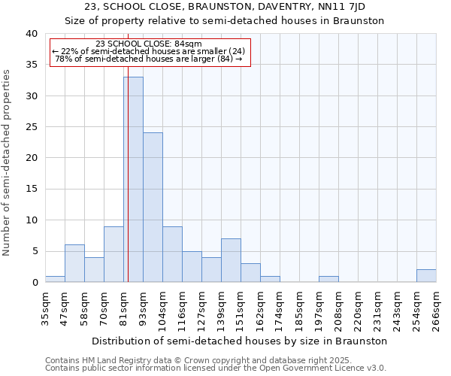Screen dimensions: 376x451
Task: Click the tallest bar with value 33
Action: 133,180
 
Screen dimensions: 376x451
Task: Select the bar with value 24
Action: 153,208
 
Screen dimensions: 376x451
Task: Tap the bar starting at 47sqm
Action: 74,263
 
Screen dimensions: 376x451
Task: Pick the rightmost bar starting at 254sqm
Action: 426,276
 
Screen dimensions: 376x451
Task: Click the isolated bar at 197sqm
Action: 328,279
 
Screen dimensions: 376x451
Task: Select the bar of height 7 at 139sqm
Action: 231,260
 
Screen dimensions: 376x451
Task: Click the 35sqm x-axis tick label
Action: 46,306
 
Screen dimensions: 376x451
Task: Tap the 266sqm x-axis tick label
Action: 436,306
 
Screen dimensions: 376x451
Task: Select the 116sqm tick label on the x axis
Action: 183,306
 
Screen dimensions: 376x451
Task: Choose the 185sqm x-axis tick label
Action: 300,306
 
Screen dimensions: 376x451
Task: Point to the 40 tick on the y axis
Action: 31,34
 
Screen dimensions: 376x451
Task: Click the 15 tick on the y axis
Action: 31,189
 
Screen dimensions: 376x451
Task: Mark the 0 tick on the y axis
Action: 34,282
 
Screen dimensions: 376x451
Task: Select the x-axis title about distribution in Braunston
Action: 240,341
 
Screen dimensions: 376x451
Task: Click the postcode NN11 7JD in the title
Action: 340,7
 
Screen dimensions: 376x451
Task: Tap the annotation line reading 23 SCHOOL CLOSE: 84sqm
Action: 149,44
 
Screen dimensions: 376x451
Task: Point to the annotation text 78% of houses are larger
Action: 149,59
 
